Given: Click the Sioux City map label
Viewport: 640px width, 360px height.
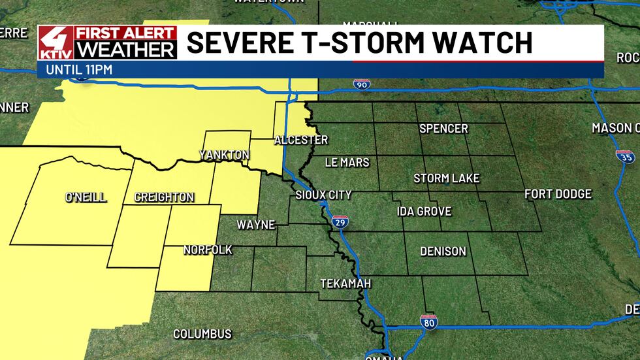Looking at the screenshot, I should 323,195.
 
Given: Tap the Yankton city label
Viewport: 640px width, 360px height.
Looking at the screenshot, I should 224,155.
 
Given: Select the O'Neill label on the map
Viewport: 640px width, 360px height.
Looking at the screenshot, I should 85,197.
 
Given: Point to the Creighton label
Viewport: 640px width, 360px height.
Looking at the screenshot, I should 164,197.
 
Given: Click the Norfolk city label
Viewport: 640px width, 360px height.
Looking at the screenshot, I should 208,250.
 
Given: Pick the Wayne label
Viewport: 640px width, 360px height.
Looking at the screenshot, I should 255,225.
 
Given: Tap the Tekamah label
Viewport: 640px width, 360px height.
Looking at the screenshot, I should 345,284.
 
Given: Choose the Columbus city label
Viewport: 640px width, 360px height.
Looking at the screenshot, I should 202,334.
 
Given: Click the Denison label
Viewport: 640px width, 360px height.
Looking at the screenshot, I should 443,251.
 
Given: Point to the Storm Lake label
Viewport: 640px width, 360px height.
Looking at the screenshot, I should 447,178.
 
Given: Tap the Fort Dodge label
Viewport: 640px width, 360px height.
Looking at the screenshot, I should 558,193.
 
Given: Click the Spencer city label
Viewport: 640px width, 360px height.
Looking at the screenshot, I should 443,128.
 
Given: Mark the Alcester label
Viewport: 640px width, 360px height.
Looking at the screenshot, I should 300,140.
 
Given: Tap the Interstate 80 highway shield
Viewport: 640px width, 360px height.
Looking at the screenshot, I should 428,320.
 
